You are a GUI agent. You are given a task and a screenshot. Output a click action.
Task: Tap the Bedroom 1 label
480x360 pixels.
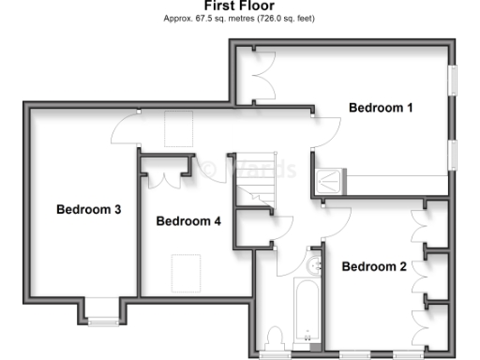coord(381,108)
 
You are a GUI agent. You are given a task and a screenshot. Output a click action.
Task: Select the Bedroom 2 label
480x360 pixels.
coord(373,267)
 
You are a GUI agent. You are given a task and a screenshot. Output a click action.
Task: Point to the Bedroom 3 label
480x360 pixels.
coord(88,209)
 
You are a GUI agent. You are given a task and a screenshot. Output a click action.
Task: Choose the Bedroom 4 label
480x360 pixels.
coord(187,222)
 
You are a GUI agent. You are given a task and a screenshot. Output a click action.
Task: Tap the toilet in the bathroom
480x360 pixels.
coord(276,337)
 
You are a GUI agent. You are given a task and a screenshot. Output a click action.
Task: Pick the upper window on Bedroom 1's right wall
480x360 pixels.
coord(453,79)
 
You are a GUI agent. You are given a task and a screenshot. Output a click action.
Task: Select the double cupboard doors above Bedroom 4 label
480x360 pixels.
coord(167,175)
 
